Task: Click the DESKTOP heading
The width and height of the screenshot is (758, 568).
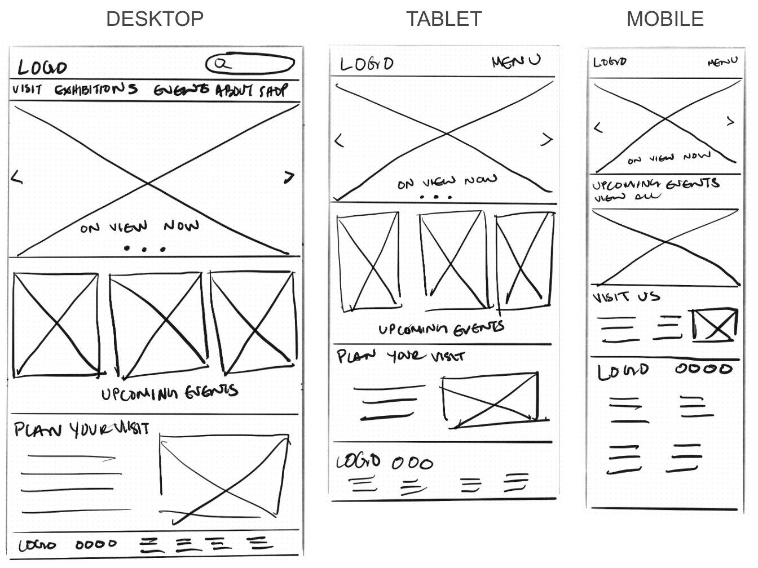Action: click(155, 19)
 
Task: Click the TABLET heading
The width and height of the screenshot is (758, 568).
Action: click(444, 19)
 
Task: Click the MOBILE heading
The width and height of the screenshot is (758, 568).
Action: click(665, 19)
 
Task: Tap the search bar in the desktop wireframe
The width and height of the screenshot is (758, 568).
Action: click(250, 64)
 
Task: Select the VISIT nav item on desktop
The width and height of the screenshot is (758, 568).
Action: click(27, 89)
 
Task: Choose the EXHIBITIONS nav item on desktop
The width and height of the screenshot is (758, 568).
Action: click(96, 89)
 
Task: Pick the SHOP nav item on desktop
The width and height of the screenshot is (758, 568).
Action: click(273, 90)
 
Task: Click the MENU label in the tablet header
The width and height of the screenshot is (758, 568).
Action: click(515, 61)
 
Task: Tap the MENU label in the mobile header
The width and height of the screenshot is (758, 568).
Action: click(722, 61)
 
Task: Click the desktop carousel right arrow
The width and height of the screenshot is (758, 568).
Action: click(289, 178)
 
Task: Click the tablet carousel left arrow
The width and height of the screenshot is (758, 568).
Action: click(339, 140)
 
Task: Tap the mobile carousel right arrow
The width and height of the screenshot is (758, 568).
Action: click(730, 121)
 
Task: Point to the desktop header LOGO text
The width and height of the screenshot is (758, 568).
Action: click(42, 68)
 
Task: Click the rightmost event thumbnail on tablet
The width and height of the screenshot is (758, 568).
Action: click(525, 260)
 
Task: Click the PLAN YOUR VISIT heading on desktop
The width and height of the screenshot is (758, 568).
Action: click(81, 429)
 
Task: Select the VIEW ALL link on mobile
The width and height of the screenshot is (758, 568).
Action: click(627, 197)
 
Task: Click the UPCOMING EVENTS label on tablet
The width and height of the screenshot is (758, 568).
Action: click(441, 329)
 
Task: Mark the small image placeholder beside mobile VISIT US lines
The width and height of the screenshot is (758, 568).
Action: click(715, 325)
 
